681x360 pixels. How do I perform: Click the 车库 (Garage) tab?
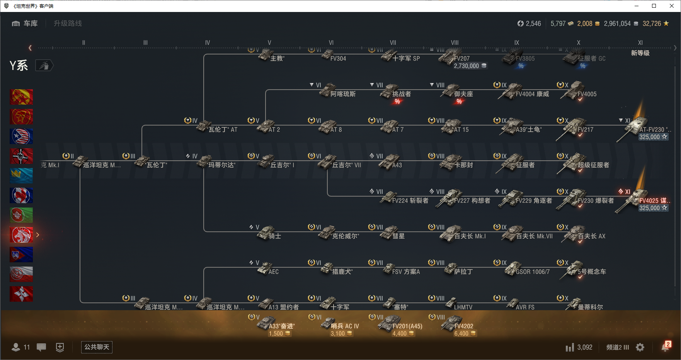point(25,24)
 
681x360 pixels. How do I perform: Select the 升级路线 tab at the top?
point(68,24)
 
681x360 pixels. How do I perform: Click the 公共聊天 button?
point(97,347)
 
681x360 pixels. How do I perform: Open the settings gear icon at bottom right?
point(640,347)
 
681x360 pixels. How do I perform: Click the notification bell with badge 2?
point(665,347)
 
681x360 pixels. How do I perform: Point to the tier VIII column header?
point(455,43)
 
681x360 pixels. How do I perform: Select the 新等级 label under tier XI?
point(640,53)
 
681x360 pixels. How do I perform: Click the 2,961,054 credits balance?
point(617,24)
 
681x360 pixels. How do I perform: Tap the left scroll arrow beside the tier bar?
point(30,48)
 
